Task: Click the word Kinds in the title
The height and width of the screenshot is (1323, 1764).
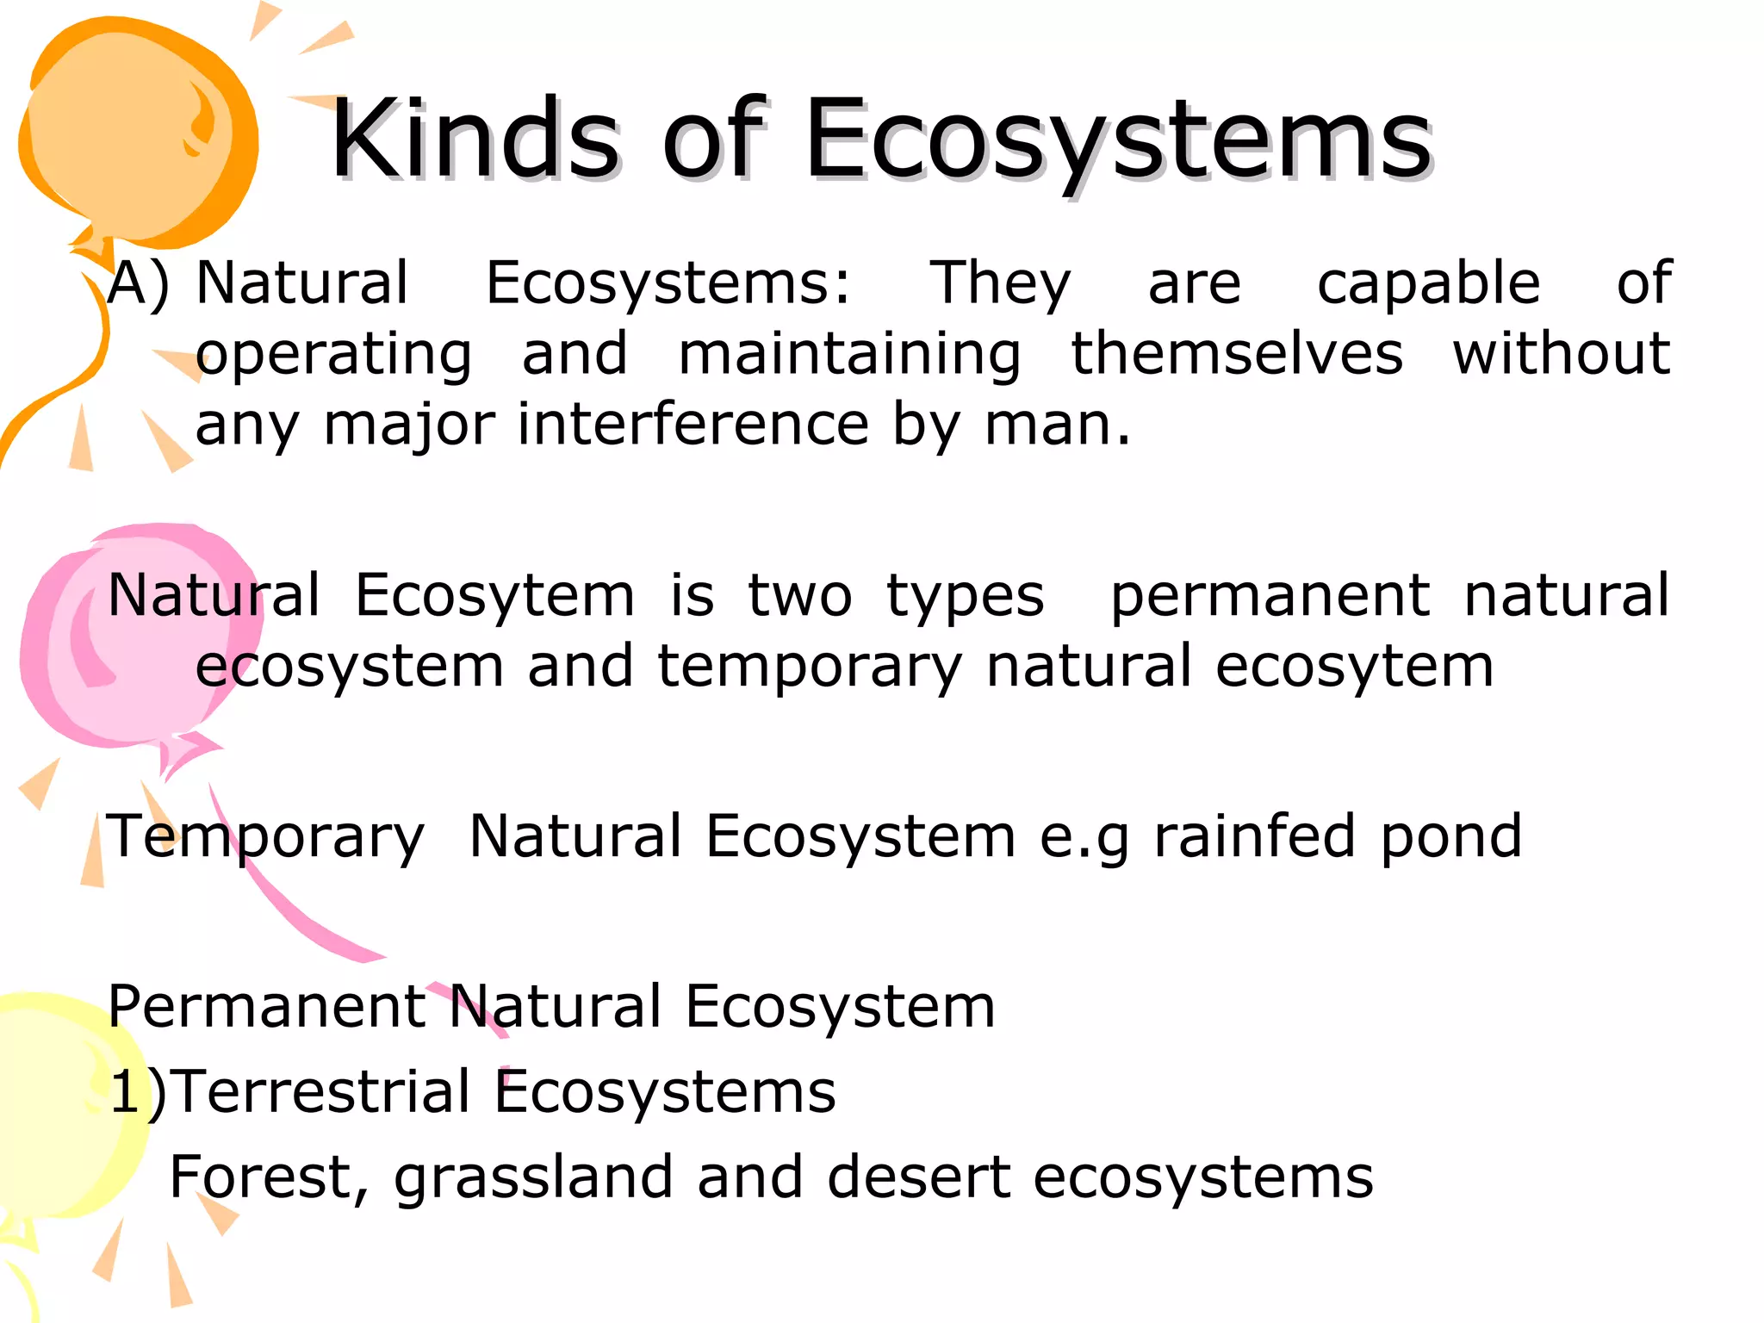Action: tap(474, 140)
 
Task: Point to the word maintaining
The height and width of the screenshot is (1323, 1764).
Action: tap(849, 354)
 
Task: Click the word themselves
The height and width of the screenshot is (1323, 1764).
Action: tap(1236, 354)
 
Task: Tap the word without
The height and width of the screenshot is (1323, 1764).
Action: tap(1561, 354)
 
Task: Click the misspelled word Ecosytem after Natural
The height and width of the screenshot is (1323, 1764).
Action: tap(494, 595)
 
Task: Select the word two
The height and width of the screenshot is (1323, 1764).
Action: tap(799, 595)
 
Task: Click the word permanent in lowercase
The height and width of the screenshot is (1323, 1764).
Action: tap(1270, 595)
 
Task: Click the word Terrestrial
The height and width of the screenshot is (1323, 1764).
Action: tap(325, 1091)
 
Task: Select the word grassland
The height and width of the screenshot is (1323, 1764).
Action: tap(533, 1177)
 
